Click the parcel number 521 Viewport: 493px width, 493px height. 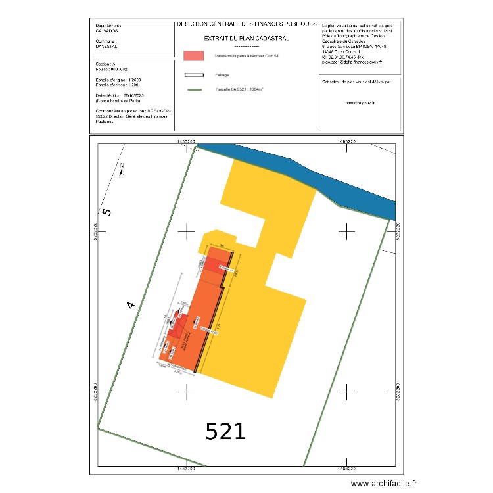(x=225, y=432)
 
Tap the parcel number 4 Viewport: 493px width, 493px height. (x=131, y=305)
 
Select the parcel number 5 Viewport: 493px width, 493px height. (x=108, y=212)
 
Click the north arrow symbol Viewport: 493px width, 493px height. (x=122, y=170)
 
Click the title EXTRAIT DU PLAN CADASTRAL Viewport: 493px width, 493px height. (x=246, y=39)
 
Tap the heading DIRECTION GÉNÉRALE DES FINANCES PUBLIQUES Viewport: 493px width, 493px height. (x=246, y=24)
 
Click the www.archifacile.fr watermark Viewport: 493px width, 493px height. (x=384, y=483)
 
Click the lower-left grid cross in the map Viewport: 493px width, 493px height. (x=187, y=392)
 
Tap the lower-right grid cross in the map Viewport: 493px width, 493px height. (x=346, y=392)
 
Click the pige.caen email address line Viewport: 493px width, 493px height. (x=352, y=62)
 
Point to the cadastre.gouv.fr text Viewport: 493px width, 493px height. (x=359, y=103)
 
